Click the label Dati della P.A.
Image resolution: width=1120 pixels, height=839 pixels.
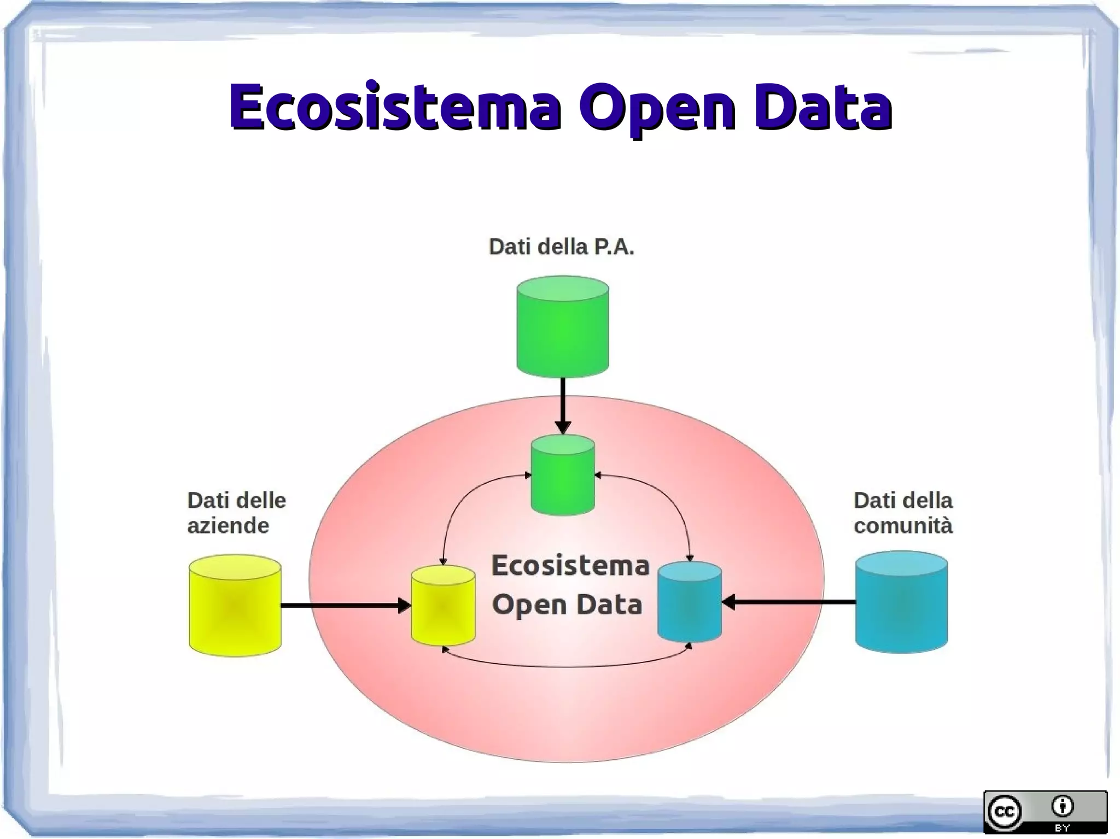click(561, 247)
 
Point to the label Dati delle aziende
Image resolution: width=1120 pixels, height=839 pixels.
click(236, 513)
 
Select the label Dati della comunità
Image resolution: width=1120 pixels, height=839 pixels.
click(903, 513)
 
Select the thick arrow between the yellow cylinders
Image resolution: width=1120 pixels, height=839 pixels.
click(345, 605)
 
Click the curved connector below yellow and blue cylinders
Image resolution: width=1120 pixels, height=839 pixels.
click(566, 666)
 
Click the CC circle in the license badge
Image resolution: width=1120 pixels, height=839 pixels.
click(1005, 811)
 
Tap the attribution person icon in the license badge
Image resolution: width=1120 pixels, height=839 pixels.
click(1063, 806)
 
